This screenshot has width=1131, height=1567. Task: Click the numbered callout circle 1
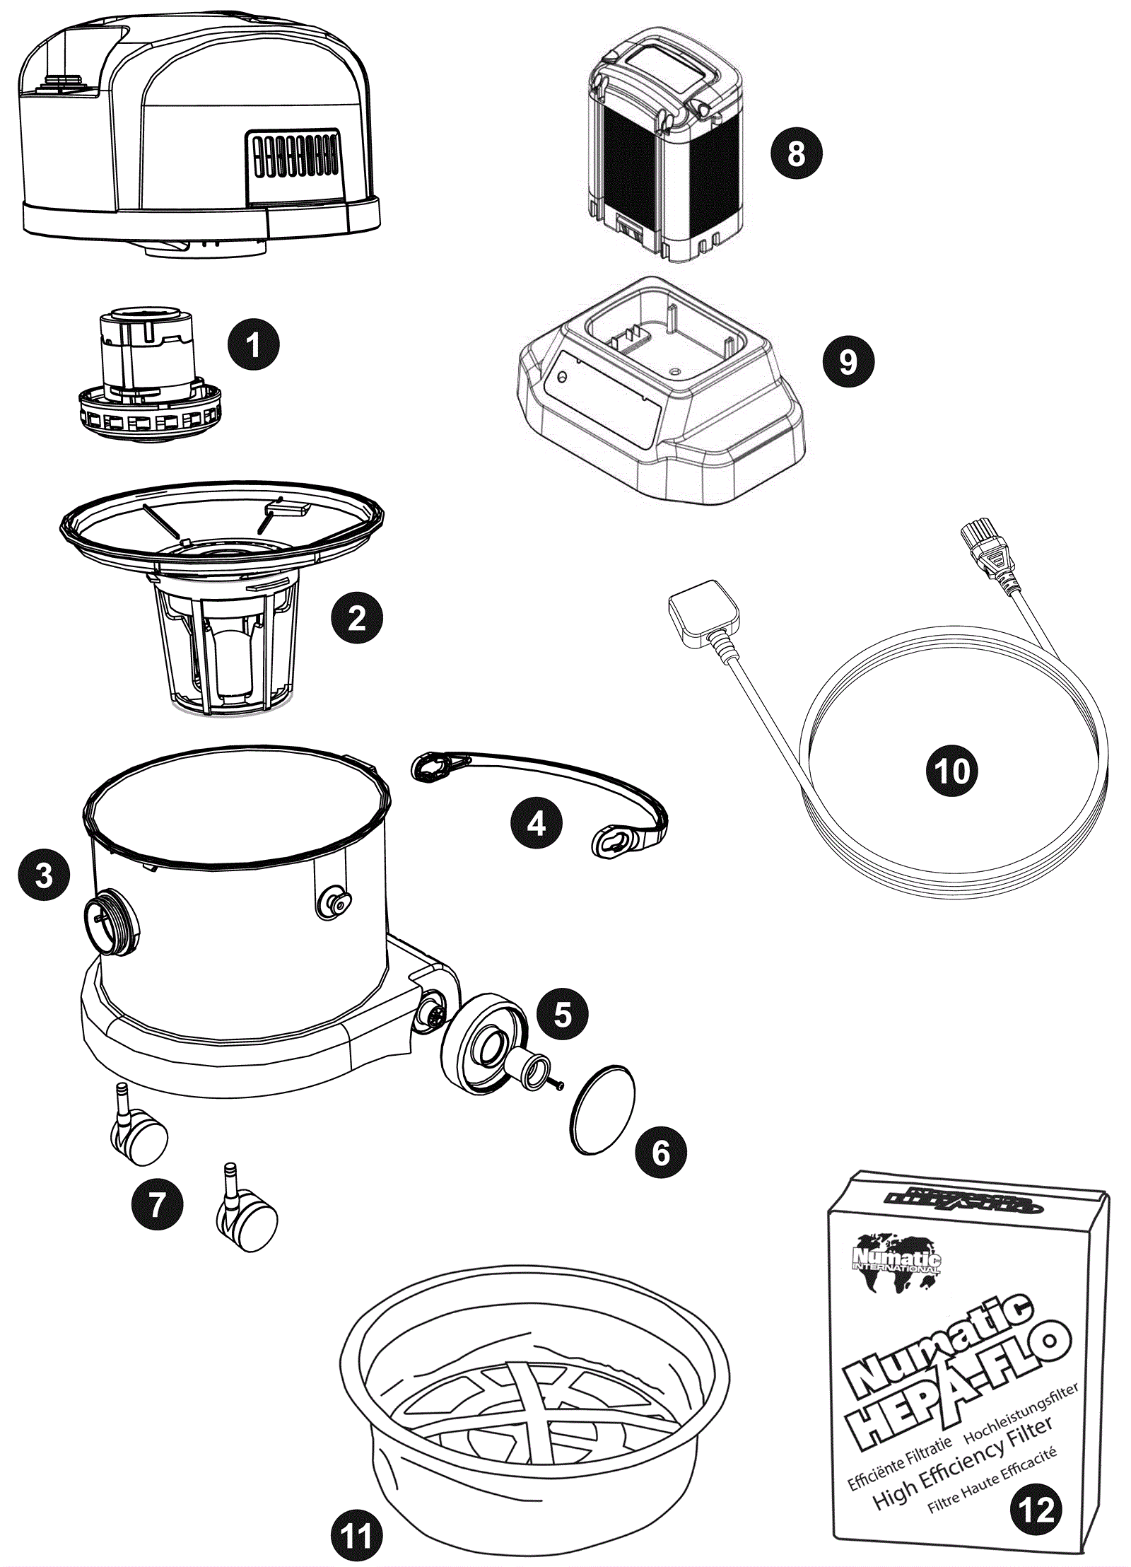253,345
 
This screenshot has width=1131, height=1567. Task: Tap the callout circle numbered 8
796,153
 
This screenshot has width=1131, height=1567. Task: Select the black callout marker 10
951,770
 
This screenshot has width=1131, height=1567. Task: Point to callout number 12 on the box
1036,1510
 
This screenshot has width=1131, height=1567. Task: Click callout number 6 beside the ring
660,1152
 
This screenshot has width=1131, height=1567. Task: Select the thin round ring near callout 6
602,1109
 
